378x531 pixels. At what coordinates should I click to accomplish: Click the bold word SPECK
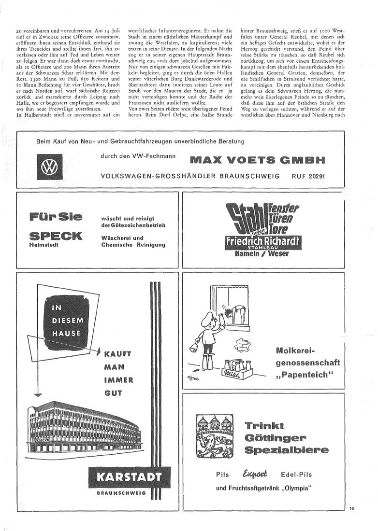(56, 236)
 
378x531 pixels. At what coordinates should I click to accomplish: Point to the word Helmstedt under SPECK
(43, 245)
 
